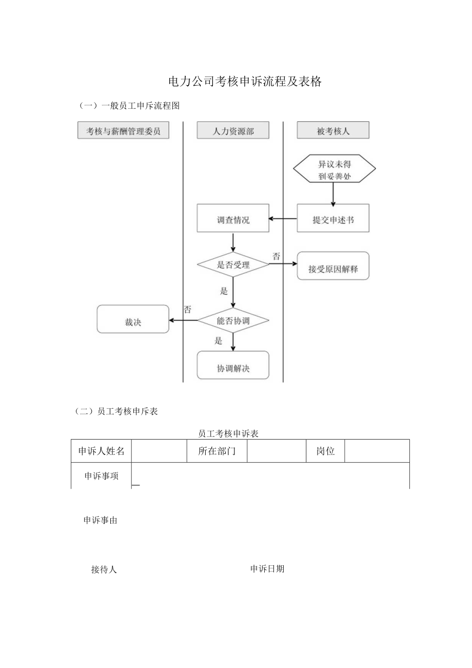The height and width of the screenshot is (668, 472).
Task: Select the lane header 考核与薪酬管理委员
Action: click(123, 131)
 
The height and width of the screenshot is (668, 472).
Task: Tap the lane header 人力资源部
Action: click(233, 131)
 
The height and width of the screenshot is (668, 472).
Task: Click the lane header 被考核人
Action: click(333, 131)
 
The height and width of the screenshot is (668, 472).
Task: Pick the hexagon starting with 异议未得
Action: click(334, 169)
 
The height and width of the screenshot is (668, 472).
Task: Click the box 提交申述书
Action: click(333, 219)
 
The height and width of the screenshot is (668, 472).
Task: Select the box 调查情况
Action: click(233, 219)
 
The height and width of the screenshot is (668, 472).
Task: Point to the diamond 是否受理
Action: click(233, 265)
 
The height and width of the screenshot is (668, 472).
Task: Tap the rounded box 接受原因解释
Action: click(333, 268)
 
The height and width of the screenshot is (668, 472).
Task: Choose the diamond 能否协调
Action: click(233, 320)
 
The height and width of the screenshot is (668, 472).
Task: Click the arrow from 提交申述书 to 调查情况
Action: click(283, 219)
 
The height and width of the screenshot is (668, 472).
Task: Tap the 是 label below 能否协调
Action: click(219, 340)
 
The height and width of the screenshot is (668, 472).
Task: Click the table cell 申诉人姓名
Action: click(101, 451)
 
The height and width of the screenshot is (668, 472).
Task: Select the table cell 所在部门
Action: click(217, 451)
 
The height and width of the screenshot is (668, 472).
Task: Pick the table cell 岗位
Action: click(325, 451)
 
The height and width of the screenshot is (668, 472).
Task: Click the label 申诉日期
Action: click(267, 569)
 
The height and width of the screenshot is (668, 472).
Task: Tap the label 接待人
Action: click(104, 569)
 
